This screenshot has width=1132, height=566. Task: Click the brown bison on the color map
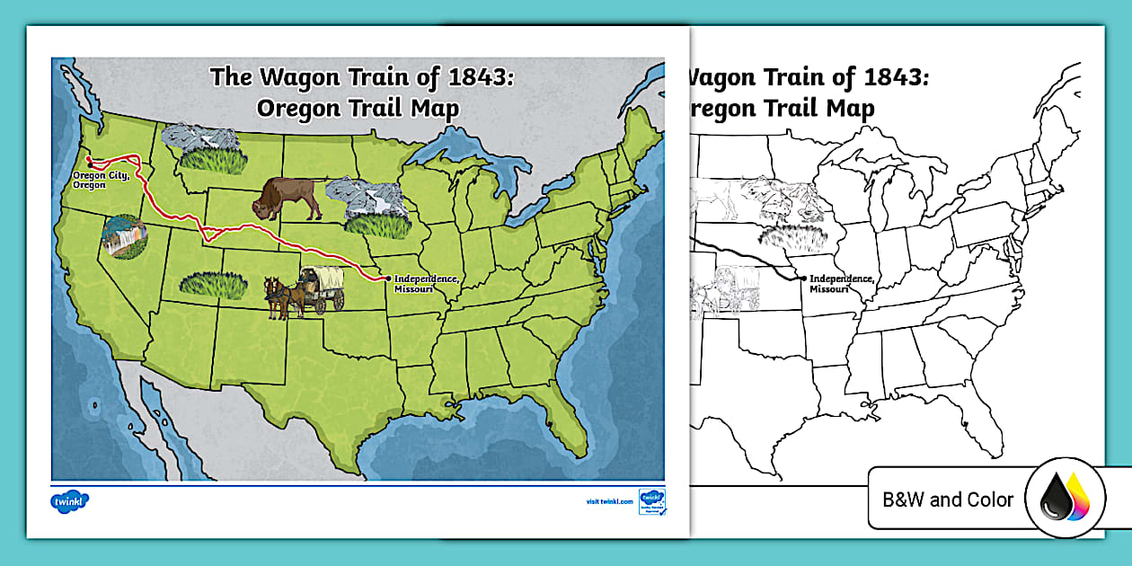pos(286,199)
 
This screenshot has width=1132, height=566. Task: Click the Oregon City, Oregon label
pos(102,180)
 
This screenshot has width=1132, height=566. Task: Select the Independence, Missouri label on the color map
pos(427,283)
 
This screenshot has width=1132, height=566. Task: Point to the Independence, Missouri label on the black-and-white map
pos(842,284)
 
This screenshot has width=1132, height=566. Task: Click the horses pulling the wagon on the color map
pos(281,296)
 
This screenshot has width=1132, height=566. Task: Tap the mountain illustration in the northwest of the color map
pos(202,138)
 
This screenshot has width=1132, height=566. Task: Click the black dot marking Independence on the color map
pos(388,279)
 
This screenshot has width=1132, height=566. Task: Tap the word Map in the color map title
pos(436,109)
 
